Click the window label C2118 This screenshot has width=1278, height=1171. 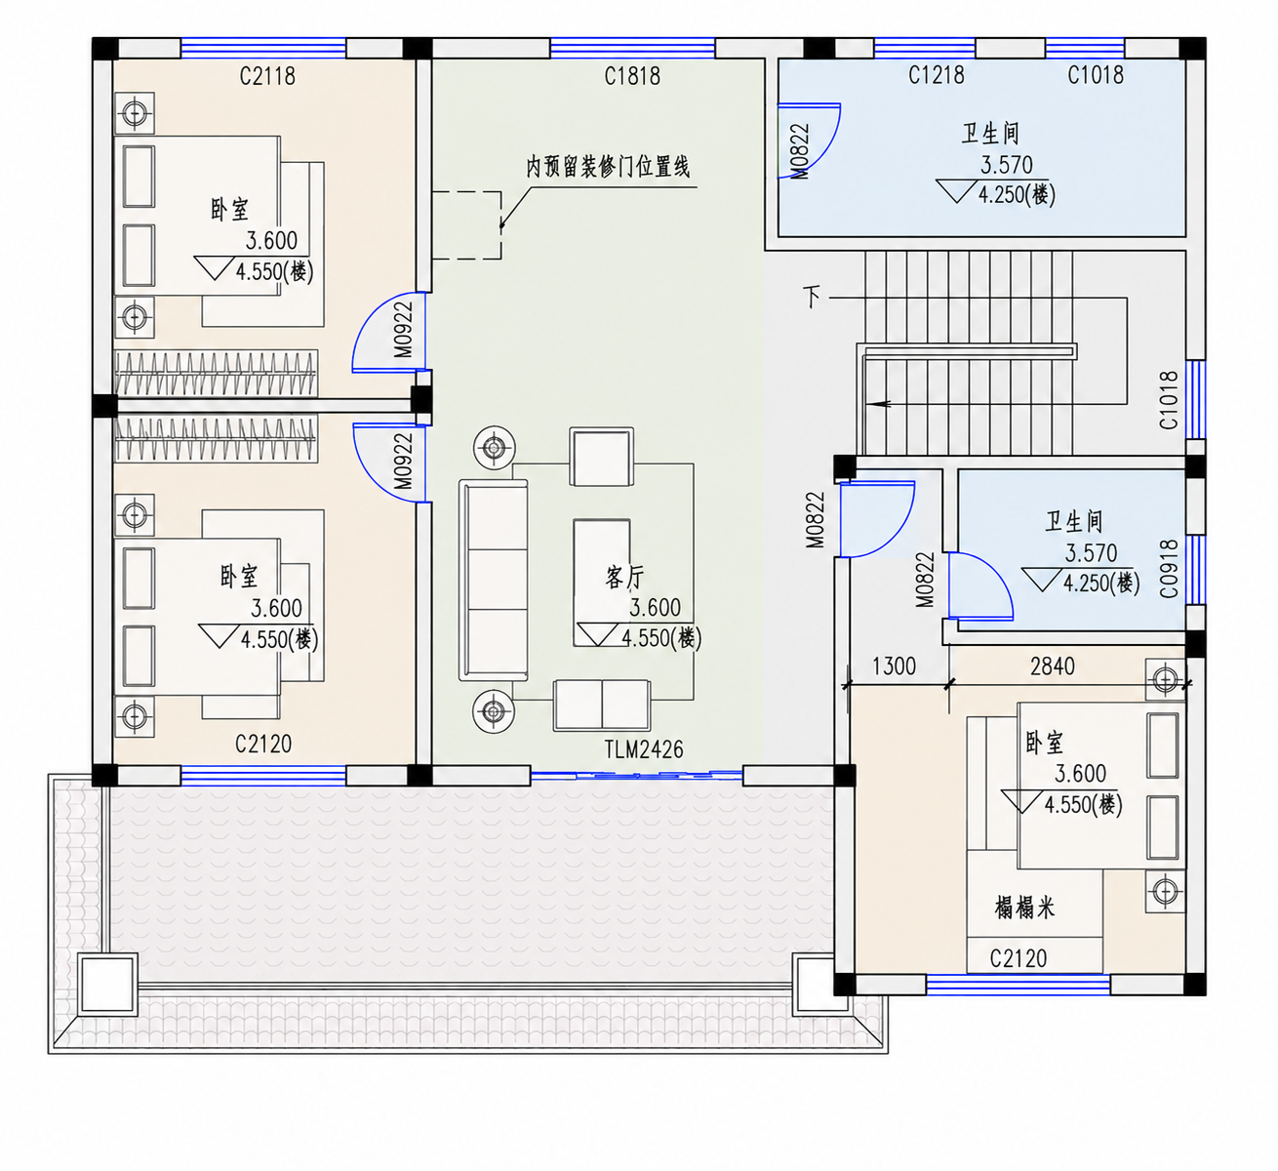(x=267, y=76)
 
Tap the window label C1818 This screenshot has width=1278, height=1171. (x=632, y=76)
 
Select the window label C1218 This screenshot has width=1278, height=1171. (x=936, y=75)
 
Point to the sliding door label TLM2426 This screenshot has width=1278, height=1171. (x=644, y=749)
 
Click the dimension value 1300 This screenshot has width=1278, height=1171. (x=894, y=666)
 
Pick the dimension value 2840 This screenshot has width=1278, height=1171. (x=1053, y=666)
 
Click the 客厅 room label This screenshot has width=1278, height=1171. (x=624, y=578)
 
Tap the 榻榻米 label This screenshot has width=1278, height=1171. (x=1025, y=908)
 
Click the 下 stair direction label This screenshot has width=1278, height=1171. (x=812, y=297)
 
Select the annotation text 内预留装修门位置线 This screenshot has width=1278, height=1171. (x=608, y=167)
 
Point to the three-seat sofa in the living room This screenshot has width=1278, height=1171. (x=493, y=580)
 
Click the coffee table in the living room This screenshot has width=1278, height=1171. (x=602, y=583)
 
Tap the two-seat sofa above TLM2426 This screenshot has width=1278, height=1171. (x=602, y=705)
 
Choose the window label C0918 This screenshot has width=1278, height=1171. (x=1169, y=569)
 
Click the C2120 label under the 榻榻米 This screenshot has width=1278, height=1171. (x=1018, y=958)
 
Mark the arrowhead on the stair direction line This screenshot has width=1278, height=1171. (x=882, y=404)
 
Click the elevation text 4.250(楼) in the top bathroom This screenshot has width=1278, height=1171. (x=1017, y=194)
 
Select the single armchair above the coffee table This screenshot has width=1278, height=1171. (x=602, y=457)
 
